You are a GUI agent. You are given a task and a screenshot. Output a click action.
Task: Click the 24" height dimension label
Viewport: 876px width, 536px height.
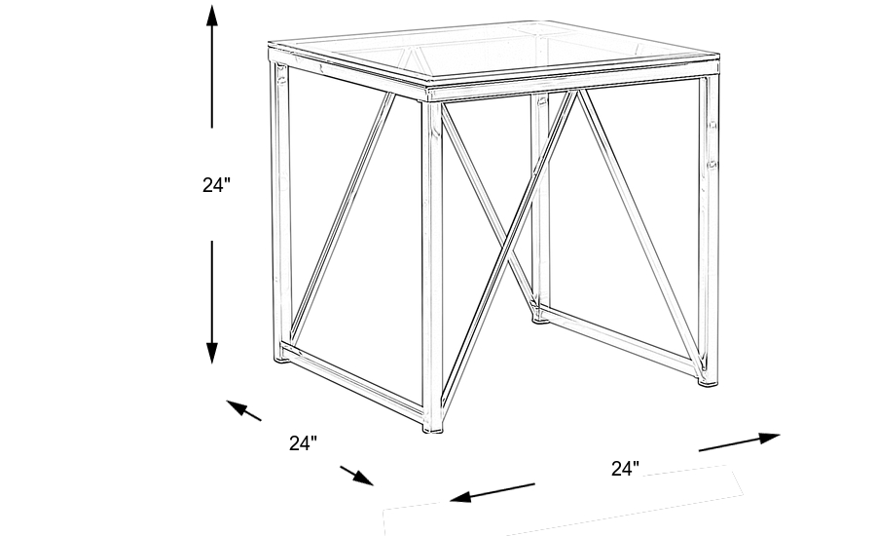click(x=216, y=184)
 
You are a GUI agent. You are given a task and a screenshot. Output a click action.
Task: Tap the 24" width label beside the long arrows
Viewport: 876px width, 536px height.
click(x=625, y=468)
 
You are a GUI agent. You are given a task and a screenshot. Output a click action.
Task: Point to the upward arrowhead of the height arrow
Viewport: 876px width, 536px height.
click(x=211, y=15)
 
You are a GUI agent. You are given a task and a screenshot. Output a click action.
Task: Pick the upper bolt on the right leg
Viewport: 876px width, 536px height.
click(x=712, y=126)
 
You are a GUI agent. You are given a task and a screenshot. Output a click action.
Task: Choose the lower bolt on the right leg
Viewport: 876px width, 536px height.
click(x=712, y=162)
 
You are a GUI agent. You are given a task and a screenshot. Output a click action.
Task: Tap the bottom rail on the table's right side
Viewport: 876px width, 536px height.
click(x=619, y=340)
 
